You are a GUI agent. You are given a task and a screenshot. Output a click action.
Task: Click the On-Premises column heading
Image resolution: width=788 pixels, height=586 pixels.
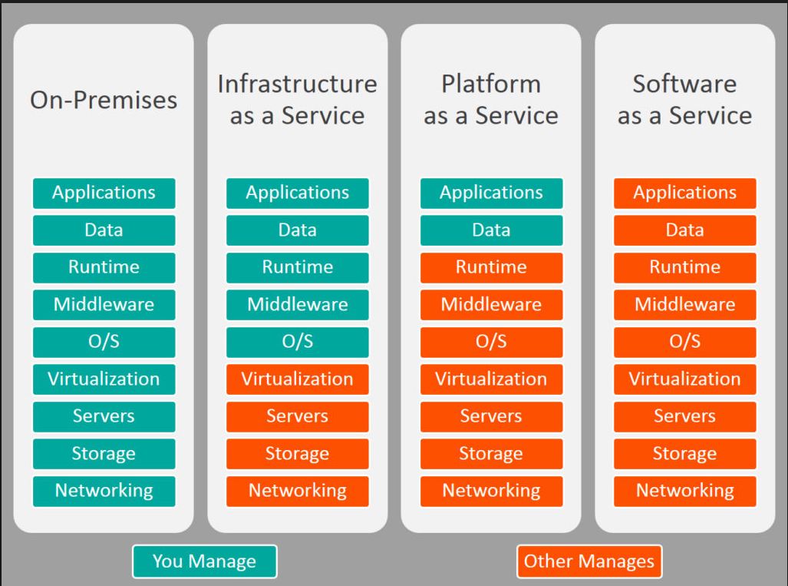(104, 100)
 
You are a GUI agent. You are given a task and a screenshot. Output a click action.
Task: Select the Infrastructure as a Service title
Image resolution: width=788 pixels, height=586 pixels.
(297, 100)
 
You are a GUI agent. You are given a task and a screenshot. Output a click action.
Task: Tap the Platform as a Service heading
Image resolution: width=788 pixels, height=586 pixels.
(491, 100)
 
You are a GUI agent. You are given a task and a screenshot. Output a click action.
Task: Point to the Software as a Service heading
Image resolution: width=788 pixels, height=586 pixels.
(684, 100)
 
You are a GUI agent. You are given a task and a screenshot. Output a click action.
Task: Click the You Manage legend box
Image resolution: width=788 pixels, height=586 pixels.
(204, 561)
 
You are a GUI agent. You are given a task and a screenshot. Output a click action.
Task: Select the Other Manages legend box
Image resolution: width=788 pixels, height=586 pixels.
(589, 561)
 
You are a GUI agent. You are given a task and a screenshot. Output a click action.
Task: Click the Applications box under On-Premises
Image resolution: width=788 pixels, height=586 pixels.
(104, 193)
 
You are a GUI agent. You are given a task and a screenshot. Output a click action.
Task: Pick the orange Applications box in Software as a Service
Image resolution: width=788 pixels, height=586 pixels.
(684, 193)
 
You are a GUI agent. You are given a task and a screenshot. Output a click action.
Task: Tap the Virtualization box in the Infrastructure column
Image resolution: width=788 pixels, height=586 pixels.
(297, 379)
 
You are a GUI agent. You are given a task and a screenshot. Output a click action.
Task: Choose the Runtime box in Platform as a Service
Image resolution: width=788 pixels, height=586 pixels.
(491, 267)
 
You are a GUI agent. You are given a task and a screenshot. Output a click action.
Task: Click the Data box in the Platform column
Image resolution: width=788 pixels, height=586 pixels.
(491, 230)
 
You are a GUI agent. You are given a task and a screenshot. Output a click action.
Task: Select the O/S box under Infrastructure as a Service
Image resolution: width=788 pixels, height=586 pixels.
(297, 342)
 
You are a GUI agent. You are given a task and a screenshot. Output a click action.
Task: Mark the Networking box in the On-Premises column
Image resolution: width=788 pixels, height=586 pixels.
(104, 491)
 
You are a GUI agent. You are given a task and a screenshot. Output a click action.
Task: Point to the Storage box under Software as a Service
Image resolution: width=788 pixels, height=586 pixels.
(684, 454)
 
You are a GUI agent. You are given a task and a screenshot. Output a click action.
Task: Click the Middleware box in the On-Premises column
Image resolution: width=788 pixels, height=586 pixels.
(104, 305)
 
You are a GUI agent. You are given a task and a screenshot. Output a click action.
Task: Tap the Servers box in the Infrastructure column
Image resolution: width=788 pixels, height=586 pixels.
(297, 416)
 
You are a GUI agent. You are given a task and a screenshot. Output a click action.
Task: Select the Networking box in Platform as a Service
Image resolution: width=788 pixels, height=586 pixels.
(491, 491)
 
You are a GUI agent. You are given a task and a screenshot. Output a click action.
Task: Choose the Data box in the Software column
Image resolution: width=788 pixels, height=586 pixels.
(684, 230)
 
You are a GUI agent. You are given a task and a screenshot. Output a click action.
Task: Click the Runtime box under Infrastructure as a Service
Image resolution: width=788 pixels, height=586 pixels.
(297, 267)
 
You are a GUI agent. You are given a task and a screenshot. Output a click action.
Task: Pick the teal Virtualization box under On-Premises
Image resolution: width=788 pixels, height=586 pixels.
(104, 379)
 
